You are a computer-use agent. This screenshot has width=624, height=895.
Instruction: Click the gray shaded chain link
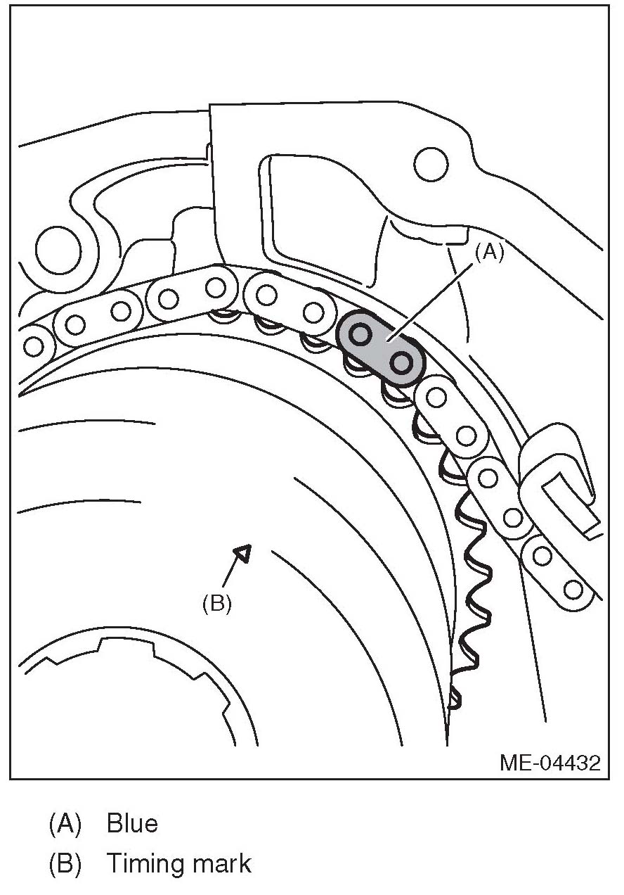(x=381, y=349)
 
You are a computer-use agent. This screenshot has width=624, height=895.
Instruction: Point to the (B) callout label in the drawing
(x=216, y=604)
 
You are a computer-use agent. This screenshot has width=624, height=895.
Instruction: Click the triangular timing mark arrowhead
(x=242, y=553)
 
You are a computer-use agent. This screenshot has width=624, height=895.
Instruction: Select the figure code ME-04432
(x=550, y=763)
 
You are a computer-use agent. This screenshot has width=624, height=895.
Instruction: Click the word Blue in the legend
(x=132, y=823)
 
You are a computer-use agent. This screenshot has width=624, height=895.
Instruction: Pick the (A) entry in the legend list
(x=65, y=823)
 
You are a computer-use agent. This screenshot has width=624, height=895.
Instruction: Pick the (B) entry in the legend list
(x=65, y=863)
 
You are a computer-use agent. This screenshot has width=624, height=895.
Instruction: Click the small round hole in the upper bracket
(x=431, y=165)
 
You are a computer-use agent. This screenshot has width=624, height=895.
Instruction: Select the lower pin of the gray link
(x=401, y=363)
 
